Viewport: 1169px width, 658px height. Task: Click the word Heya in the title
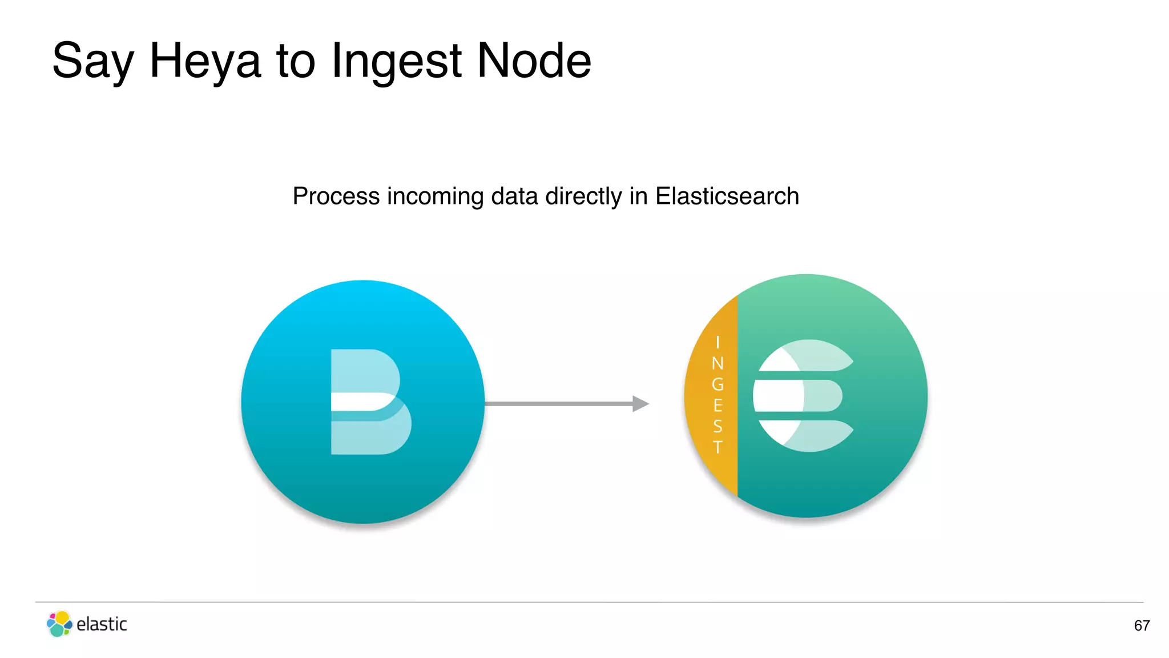(x=204, y=61)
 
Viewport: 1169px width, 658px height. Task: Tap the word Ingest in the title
(x=396, y=62)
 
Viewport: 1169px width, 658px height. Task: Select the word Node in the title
(x=534, y=61)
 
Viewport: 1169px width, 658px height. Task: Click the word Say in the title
(x=93, y=62)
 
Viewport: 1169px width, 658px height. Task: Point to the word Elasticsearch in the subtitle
(x=727, y=196)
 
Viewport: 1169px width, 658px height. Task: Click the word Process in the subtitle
(x=336, y=196)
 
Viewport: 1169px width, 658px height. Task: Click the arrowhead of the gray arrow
(x=640, y=404)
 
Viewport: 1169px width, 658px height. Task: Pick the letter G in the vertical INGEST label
(x=717, y=384)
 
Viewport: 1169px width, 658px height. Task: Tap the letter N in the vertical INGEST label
(x=717, y=363)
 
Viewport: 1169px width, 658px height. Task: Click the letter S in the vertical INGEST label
(x=717, y=426)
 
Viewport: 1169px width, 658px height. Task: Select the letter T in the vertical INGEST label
(x=717, y=447)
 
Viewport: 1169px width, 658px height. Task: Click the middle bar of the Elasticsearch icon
(x=797, y=395)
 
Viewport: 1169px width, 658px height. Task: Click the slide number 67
(x=1142, y=625)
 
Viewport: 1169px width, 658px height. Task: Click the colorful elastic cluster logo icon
(x=59, y=624)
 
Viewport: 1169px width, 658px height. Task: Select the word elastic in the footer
(x=102, y=624)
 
